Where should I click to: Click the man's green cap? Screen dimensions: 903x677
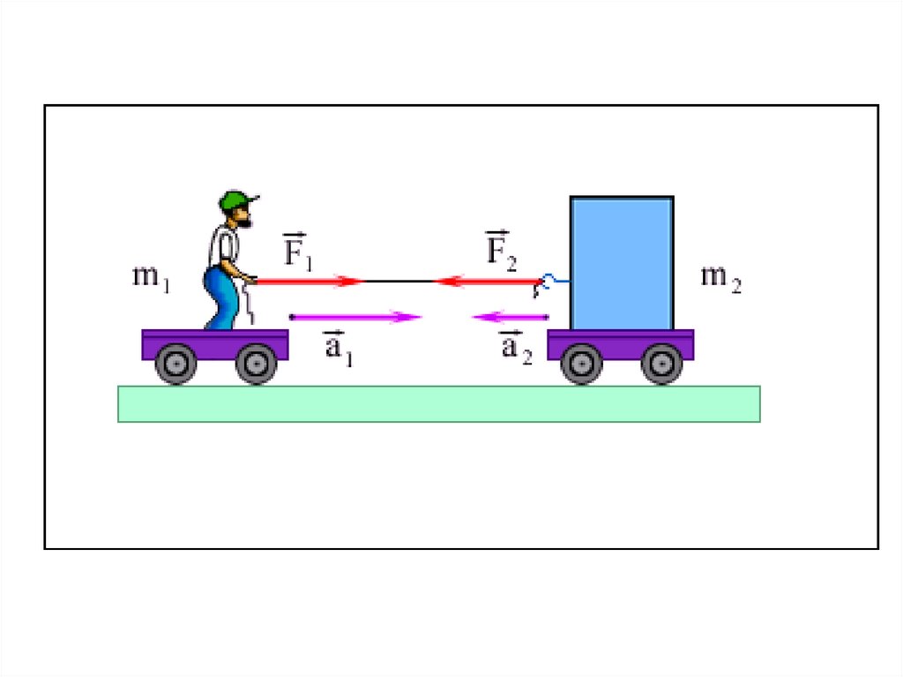tap(235, 200)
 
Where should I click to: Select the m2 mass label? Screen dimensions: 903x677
tap(720, 278)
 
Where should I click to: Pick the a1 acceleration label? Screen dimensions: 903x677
tap(338, 347)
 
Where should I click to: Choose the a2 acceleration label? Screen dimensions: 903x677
tap(516, 347)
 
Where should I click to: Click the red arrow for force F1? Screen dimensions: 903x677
tap(309, 282)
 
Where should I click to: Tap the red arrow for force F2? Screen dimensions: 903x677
tap(489, 282)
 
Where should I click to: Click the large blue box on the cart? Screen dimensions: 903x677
tap(622, 262)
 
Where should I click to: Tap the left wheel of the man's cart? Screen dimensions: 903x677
tap(175, 363)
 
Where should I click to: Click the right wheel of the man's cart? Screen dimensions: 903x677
tap(256, 363)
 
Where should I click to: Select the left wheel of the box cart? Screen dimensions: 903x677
tap(581, 363)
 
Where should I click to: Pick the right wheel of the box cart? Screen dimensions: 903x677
tap(661, 363)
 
